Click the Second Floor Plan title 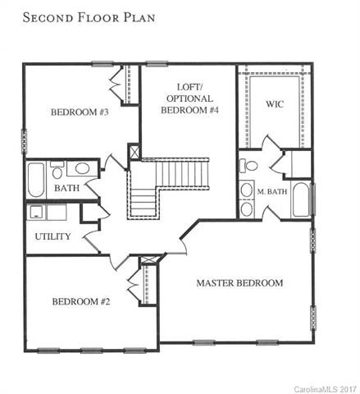(89, 17)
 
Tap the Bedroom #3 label (80, 112)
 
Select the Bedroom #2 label (81, 301)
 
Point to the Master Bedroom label (239, 283)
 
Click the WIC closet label (275, 104)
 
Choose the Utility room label (52, 236)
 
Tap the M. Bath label (272, 191)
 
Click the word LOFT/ (189, 87)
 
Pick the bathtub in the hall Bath (36, 180)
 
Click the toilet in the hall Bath (57, 170)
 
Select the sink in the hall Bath (82, 168)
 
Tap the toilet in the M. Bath (248, 166)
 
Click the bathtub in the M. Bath (301, 199)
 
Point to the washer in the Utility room (36, 213)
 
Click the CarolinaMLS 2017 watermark (326, 389)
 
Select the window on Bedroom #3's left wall (24, 141)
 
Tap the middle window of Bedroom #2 (91, 350)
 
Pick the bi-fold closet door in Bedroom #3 (116, 84)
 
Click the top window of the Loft (157, 64)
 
